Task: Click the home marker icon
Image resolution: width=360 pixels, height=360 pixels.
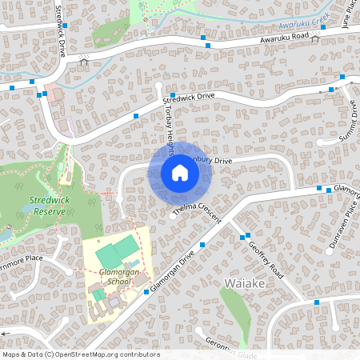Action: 179,173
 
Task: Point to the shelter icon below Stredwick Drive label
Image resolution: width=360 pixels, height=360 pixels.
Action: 84,58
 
